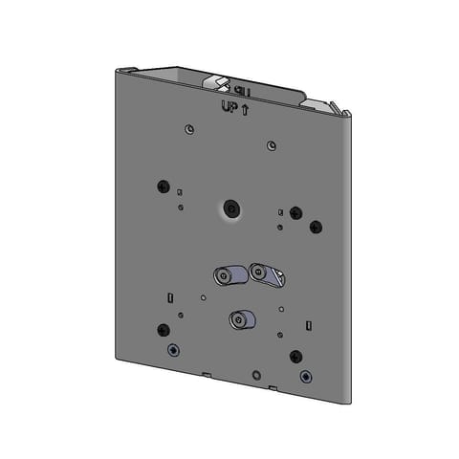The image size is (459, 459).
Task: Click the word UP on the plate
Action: pyautogui.click(x=229, y=108)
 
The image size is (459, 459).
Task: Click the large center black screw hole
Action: pyautogui.click(x=229, y=208)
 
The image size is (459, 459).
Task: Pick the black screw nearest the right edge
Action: pyautogui.click(x=317, y=228)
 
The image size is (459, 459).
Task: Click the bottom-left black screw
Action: pyautogui.click(x=161, y=330)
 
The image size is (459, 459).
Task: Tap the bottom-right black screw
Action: pyautogui.click(x=295, y=358)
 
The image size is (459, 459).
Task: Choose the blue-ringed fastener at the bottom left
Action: pyautogui.click(x=172, y=349)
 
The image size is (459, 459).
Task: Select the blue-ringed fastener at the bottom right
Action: pyautogui.click(x=305, y=376)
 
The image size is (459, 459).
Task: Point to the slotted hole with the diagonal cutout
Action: pyautogui.click(x=269, y=276)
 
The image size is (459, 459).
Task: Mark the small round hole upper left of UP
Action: pyautogui.click(x=190, y=129)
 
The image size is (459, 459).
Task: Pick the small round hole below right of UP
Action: pyautogui.click(x=273, y=145)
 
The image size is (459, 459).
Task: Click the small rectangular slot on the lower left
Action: pyautogui.click(x=169, y=296)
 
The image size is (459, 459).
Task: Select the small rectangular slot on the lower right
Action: pyautogui.click(x=307, y=324)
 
